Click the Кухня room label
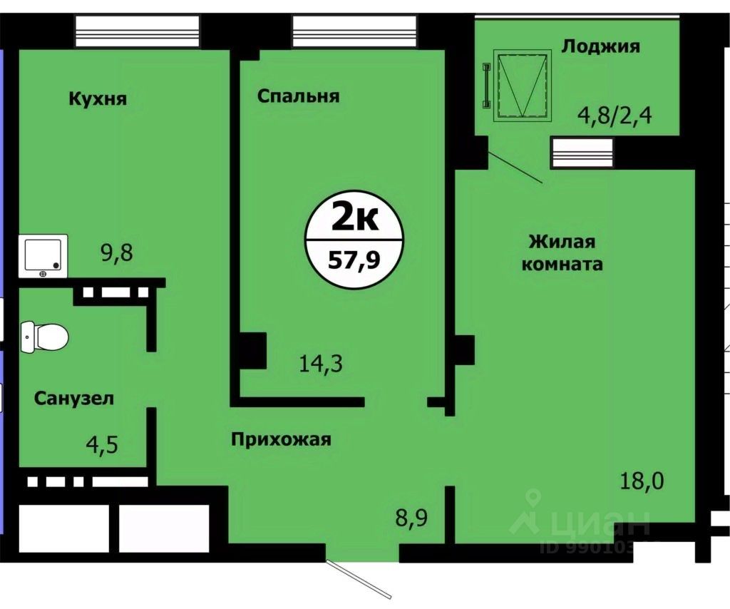coord(98,98)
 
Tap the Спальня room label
coord(298,96)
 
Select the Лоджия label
coord(600,46)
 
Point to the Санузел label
coord(74,398)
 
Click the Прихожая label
coord(281,439)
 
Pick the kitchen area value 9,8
coord(118,252)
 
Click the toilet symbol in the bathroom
coord(44,335)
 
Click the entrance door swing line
coord(360,578)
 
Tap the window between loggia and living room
coord(582,153)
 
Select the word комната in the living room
coord(562,264)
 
